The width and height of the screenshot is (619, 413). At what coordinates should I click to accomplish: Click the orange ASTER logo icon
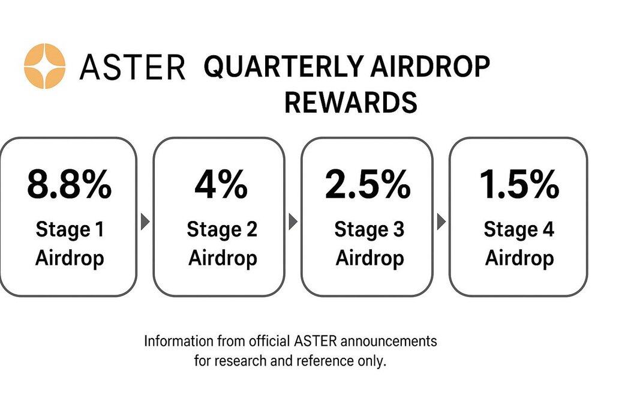click(x=44, y=65)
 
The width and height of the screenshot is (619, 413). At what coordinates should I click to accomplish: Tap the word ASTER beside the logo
click(x=133, y=67)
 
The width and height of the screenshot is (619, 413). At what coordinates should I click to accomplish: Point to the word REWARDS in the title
click(x=350, y=102)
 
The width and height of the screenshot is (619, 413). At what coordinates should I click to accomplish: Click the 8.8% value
click(x=70, y=184)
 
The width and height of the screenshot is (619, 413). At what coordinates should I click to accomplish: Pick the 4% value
click(x=221, y=184)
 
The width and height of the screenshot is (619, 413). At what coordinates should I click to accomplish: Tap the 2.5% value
click(x=368, y=184)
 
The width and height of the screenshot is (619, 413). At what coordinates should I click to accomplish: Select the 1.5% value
click(x=519, y=184)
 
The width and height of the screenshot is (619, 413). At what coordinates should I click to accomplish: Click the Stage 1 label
click(x=70, y=229)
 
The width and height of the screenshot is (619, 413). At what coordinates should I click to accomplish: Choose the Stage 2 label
click(x=222, y=229)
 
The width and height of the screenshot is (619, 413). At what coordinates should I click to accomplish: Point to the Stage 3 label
click(x=369, y=229)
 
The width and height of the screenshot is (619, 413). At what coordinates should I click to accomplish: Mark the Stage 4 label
click(x=519, y=229)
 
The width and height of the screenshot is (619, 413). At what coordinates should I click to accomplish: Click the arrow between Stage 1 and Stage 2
click(x=145, y=222)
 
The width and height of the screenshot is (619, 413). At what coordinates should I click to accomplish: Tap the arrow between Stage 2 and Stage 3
click(x=293, y=222)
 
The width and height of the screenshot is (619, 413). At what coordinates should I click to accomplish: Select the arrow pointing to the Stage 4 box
click(x=441, y=222)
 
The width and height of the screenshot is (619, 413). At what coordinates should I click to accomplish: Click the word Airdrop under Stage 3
click(x=370, y=259)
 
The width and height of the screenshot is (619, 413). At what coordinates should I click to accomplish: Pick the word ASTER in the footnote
click(x=315, y=341)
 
